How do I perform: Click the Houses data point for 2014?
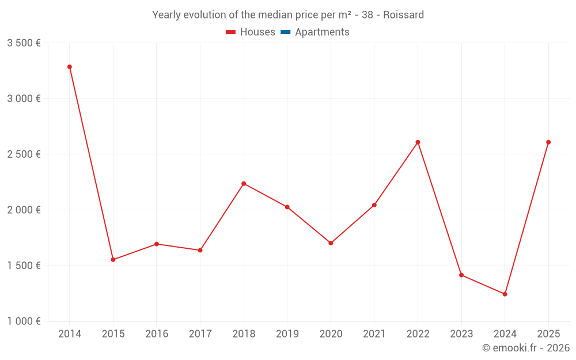pyautogui.click(x=70, y=67)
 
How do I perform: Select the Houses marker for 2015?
pyautogui.click(x=113, y=260)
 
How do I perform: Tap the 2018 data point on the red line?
pyautogui.click(x=244, y=184)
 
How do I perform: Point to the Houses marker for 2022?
pyautogui.click(x=418, y=142)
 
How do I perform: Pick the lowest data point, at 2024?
pyautogui.click(x=505, y=294)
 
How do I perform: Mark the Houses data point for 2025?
pyautogui.click(x=548, y=142)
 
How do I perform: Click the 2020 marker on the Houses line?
pyautogui.click(x=331, y=243)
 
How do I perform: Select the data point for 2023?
pyautogui.click(x=461, y=275)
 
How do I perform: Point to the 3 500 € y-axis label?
pyautogui.click(x=24, y=43)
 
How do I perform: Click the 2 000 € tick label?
pyautogui.click(x=24, y=210)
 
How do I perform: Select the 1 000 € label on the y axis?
pyautogui.click(x=24, y=321)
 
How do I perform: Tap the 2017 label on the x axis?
pyautogui.click(x=200, y=334)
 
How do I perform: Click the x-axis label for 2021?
pyautogui.click(x=374, y=334)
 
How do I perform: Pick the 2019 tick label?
pyautogui.click(x=287, y=334)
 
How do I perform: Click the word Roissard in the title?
pyautogui.click(x=404, y=15)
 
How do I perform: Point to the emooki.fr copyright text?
pyautogui.click(x=526, y=348)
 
